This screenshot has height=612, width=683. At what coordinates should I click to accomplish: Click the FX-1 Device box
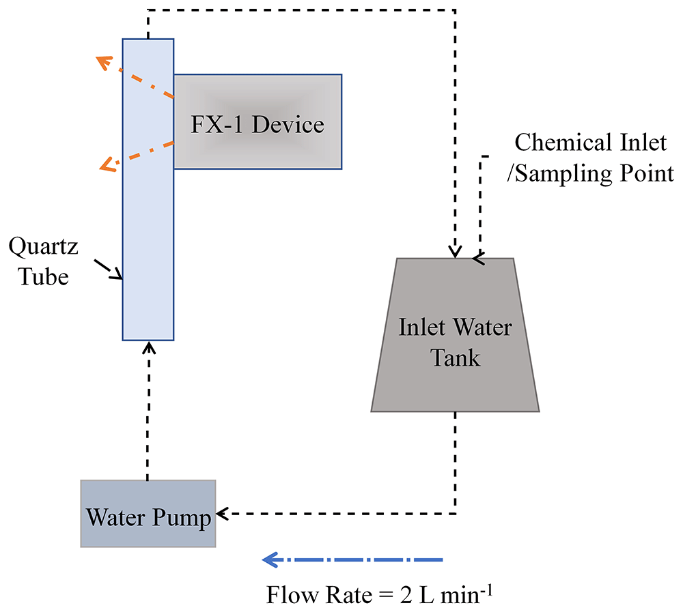point(258,122)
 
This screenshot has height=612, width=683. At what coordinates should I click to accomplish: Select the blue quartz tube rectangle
point(148,190)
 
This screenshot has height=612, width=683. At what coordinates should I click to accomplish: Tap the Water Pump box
point(148,514)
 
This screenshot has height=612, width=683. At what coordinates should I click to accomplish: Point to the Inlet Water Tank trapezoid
point(455,335)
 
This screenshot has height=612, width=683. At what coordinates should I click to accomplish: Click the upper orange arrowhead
point(104,63)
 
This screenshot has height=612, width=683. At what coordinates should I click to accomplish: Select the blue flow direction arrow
point(352,559)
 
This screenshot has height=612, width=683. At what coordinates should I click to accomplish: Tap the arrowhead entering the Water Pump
point(222,514)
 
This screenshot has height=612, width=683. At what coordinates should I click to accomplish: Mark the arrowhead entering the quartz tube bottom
point(149,347)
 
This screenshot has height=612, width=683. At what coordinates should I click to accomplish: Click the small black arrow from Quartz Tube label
point(108,270)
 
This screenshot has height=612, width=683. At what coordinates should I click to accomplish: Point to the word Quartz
point(43,247)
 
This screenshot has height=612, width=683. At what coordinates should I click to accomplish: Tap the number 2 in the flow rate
point(406,595)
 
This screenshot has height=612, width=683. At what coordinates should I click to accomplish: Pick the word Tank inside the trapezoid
point(455,358)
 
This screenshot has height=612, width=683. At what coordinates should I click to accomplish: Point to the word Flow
point(292,594)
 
